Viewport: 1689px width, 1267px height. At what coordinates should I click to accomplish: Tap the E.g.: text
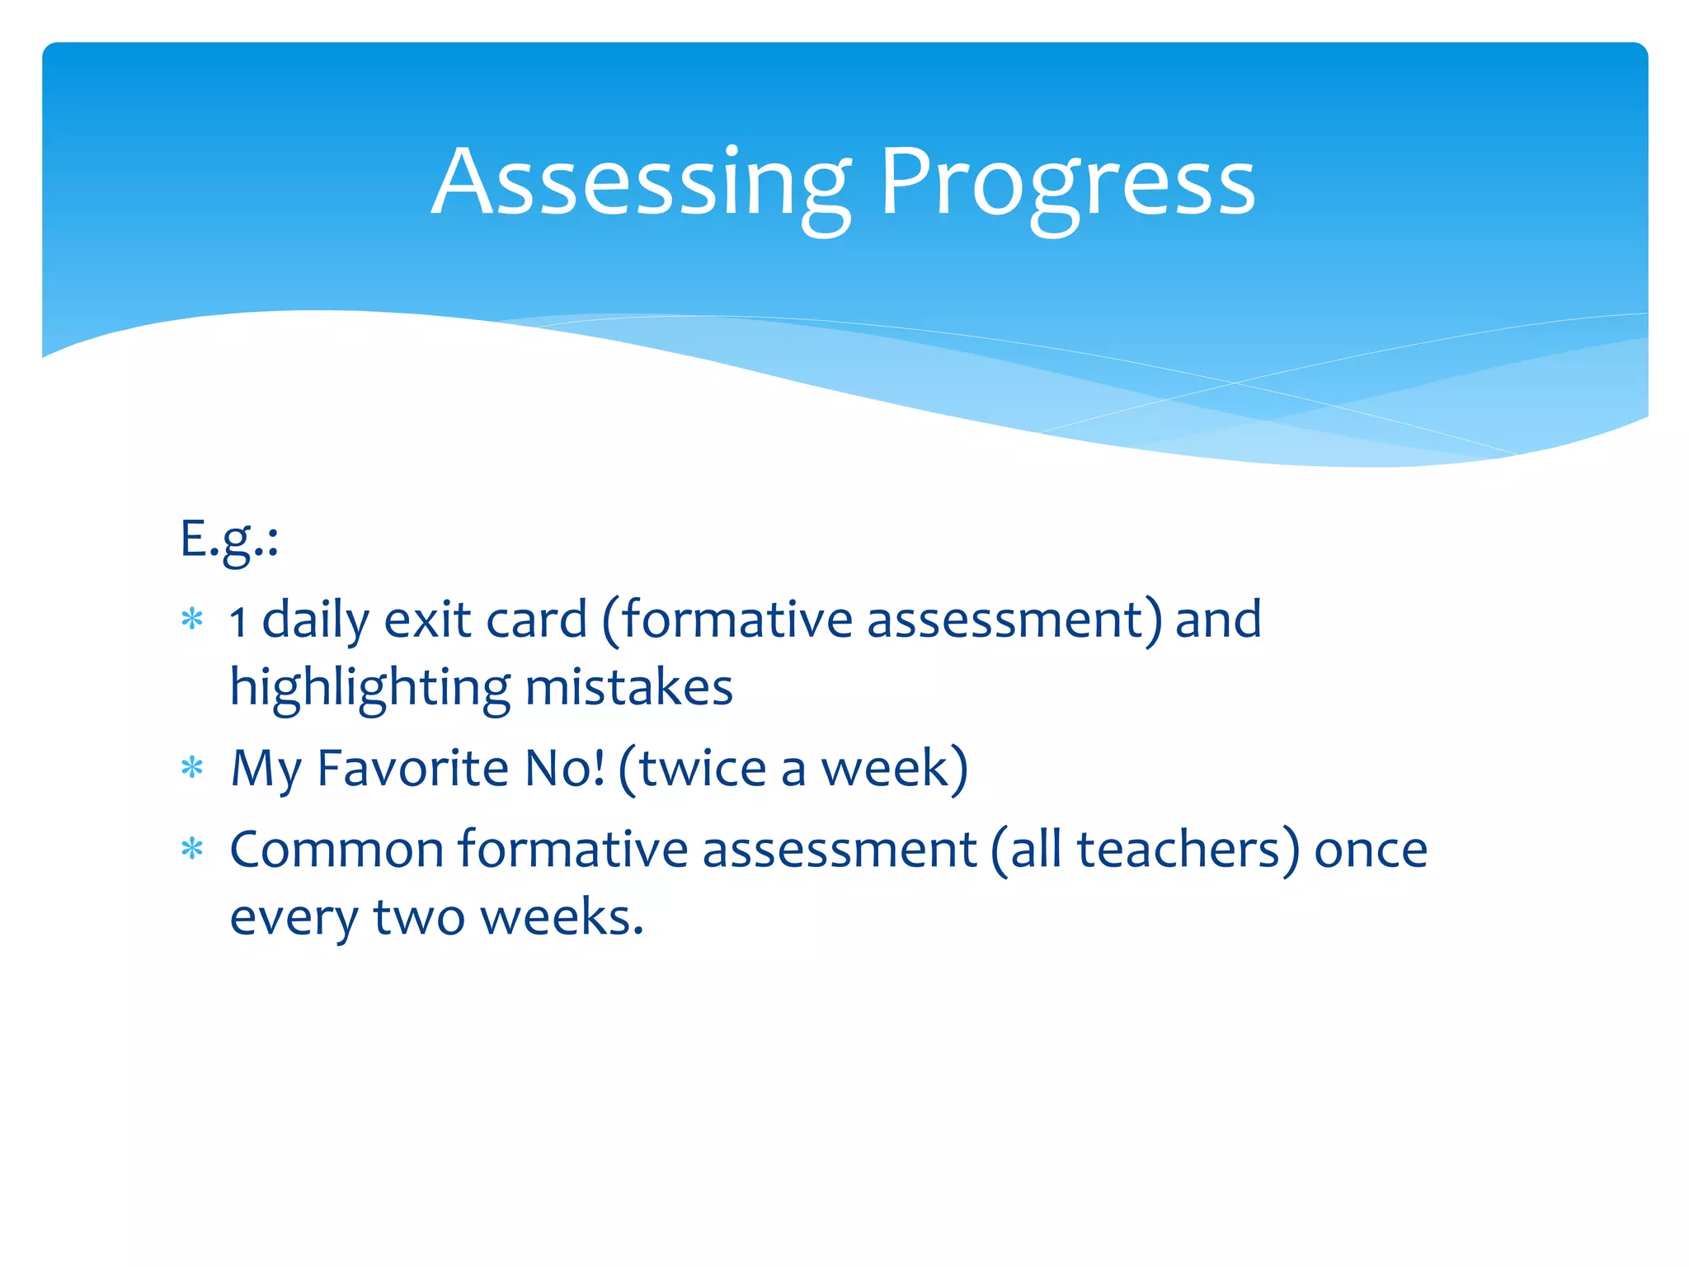click(x=229, y=539)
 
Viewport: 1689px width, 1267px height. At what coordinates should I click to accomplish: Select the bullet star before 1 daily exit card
click(x=192, y=619)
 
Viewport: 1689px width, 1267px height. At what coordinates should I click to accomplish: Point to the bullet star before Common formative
click(x=192, y=850)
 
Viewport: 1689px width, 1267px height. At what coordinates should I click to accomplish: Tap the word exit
click(x=428, y=620)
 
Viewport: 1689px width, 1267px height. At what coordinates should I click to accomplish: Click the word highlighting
click(x=369, y=688)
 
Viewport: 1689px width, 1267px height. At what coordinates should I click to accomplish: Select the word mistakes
click(x=628, y=688)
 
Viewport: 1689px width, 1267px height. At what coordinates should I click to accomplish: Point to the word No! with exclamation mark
click(x=565, y=769)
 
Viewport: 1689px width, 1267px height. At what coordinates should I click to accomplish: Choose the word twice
click(x=703, y=769)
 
